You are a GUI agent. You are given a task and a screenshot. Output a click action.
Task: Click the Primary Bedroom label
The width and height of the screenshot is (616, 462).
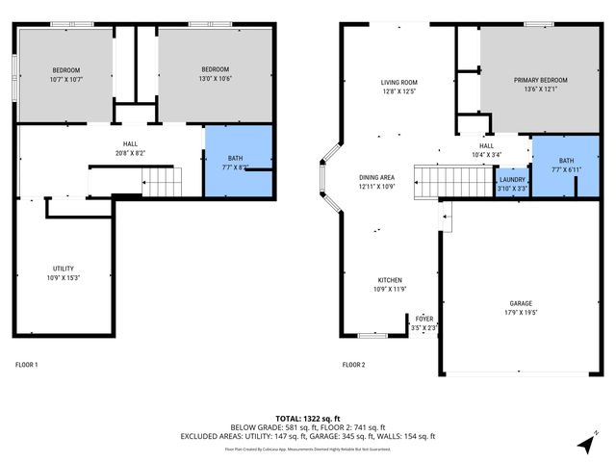click(540, 81)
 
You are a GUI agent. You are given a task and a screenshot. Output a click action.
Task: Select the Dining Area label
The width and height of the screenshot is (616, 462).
click(376, 177)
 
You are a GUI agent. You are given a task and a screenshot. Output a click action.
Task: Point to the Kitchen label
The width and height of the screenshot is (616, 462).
click(388, 280)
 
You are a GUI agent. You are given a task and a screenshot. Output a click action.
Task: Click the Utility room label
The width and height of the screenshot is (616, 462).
click(64, 269)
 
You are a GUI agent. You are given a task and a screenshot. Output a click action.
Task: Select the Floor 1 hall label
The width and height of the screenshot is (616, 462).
click(129, 144)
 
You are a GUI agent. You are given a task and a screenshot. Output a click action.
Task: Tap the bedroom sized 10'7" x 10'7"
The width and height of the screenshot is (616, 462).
click(66, 74)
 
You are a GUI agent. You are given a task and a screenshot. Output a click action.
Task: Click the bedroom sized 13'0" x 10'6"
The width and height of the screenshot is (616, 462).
click(216, 74)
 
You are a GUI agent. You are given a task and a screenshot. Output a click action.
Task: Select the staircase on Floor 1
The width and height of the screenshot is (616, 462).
click(161, 179)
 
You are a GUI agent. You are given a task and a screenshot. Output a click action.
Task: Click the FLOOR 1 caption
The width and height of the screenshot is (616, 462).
click(27, 365)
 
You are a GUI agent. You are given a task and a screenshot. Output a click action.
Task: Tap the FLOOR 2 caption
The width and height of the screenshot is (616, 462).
click(353, 365)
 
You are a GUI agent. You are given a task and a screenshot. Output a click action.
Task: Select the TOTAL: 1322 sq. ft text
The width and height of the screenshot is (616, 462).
click(308, 419)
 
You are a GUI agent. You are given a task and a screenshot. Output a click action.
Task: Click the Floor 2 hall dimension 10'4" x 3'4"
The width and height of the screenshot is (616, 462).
click(488, 155)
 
